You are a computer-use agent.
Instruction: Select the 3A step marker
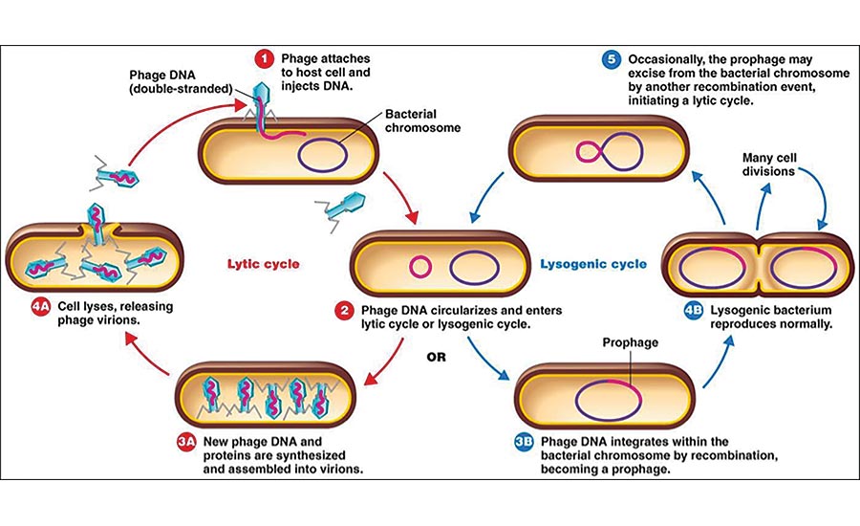[x=186, y=441]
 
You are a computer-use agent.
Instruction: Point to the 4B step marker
[x=694, y=312]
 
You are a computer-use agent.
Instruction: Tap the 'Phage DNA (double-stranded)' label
[x=182, y=82]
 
